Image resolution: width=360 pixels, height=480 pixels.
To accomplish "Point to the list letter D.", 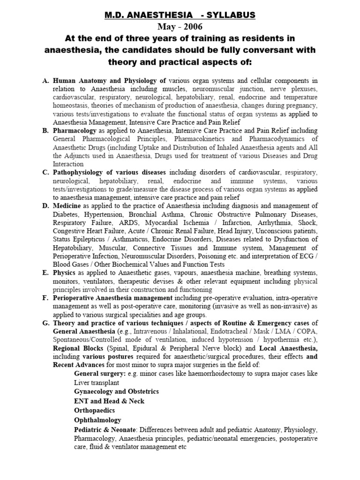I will pos(45,205).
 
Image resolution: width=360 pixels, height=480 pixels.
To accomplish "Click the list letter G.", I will pos(45,322).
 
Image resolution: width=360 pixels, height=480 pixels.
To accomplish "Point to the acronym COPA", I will pos(305,331).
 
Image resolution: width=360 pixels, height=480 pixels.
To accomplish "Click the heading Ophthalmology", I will pos(97,420).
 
